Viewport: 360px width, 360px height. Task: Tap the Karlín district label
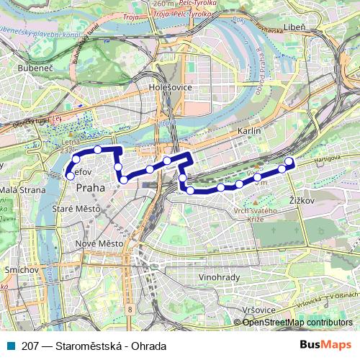[x=248, y=132]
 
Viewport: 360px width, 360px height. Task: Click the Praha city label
[x=90, y=187]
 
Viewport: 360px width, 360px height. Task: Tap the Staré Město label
[x=77, y=209]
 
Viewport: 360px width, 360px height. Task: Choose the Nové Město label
[x=100, y=243]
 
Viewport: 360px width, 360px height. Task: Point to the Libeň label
[x=315, y=27]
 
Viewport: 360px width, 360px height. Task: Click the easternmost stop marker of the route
[x=289, y=161]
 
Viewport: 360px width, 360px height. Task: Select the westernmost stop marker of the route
[x=70, y=176]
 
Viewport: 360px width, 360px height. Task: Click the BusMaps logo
[x=325, y=345]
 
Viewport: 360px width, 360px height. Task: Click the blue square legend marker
[x=12, y=346]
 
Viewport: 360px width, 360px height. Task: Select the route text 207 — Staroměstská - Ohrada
[x=94, y=346]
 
